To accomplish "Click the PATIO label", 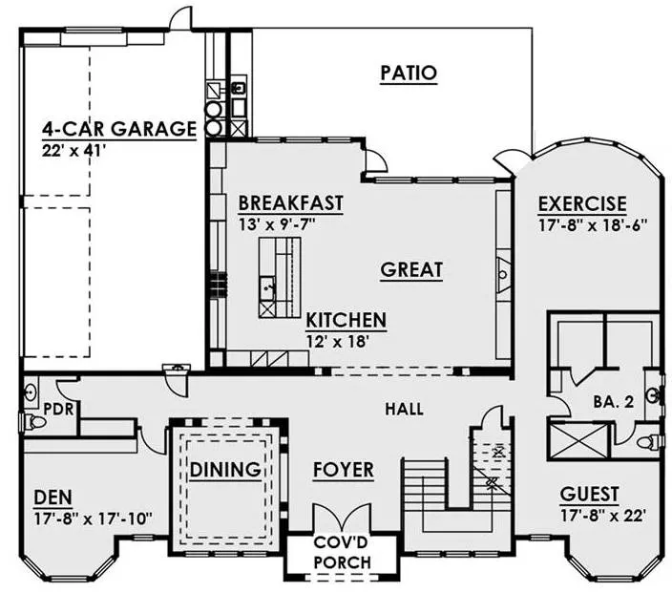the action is click(x=409, y=73).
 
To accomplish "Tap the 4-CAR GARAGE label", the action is click(x=119, y=129).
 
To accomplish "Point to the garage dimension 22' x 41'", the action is click(x=73, y=151).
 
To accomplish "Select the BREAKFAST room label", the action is click(x=291, y=202).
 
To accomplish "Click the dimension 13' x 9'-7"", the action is click(x=277, y=223).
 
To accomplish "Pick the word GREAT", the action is click(x=411, y=269).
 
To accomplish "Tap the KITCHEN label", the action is click(x=346, y=320).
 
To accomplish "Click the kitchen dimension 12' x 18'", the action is click(x=338, y=342).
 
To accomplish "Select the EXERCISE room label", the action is click(x=582, y=204).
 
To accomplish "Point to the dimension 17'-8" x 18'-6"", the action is click(x=593, y=225).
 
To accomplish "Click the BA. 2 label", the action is click(x=613, y=402).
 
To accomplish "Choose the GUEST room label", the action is click(x=589, y=494).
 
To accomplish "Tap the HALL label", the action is click(x=404, y=409).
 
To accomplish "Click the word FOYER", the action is click(x=344, y=470).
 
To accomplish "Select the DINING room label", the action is click(x=225, y=470).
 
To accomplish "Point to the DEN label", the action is click(x=53, y=498).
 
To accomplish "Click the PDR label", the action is click(x=59, y=409).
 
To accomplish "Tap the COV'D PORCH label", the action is click(x=343, y=552).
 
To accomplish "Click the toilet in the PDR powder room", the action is click(x=33, y=422).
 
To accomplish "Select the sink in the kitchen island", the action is click(x=267, y=287).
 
